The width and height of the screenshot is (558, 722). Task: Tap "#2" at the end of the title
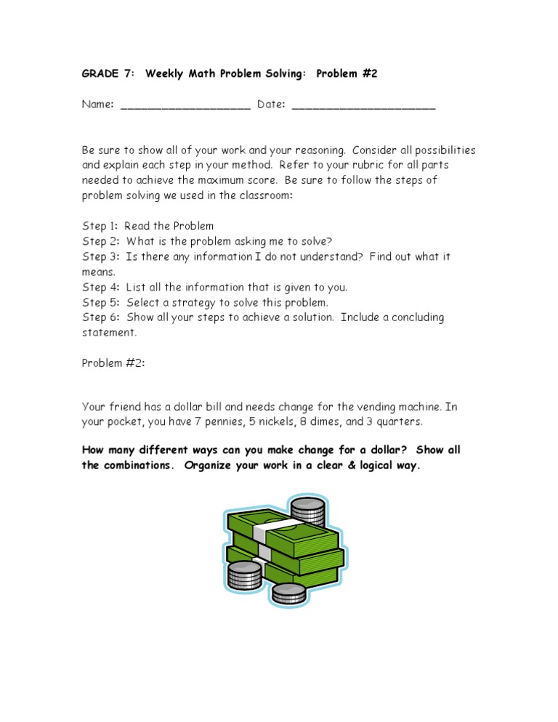(x=366, y=73)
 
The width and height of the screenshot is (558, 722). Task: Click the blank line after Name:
(x=185, y=106)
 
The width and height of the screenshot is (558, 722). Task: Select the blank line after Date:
(x=363, y=106)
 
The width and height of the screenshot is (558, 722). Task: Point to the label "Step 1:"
(x=100, y=226)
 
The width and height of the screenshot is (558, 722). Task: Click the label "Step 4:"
(x=101, y=287)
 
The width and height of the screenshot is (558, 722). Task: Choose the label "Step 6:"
(x=101, y=317)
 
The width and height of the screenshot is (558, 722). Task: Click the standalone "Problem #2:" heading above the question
(x=113, y=363)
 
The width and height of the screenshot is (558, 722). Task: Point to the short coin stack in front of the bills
(x=288, y=593)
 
